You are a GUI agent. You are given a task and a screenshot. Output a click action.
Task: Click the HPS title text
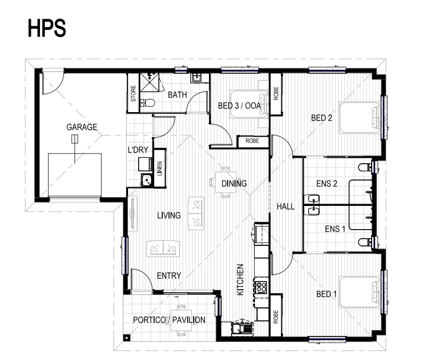point(47,28)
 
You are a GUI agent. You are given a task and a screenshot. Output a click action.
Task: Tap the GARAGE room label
point(82,128)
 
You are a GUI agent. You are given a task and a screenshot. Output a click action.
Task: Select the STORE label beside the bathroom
point(133,93)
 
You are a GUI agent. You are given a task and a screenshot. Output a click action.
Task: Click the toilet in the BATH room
point(147,103)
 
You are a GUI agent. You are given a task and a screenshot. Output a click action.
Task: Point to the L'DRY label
point(138,150)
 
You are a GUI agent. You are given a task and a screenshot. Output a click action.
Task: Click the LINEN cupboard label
point(159,168)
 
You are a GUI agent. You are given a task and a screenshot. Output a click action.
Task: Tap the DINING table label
point(234,184)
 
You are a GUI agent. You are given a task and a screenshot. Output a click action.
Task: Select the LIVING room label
point(169,216)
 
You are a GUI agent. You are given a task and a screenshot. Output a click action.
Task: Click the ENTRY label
point(169,276)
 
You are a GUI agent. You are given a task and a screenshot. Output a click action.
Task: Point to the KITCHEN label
point(240,280)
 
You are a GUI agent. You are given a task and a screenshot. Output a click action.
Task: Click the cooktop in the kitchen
point(261,287)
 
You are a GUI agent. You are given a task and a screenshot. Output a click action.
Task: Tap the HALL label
point(286,206)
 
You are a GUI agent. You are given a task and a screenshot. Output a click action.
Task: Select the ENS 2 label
point(327,184)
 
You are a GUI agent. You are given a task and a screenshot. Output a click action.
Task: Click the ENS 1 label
point(335,229)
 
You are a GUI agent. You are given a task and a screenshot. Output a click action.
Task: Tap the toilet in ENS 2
point(365,167)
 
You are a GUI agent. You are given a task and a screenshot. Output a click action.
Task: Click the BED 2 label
point(322,118)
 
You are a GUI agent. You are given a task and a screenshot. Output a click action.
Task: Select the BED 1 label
point(326,294)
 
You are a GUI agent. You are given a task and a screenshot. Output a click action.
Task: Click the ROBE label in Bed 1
point(276,317)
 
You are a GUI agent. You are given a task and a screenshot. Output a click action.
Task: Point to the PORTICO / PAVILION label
point(169,320)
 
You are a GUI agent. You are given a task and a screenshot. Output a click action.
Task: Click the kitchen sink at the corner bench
point(241,328)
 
